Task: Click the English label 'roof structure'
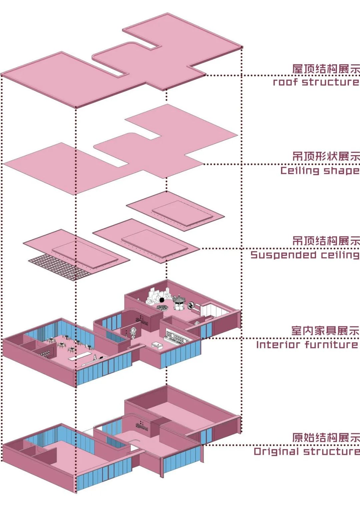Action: click(316, 82)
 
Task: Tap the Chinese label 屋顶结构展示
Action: click(326, 69)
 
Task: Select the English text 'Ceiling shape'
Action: click(319, 171)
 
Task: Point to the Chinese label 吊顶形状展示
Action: click(326, 156)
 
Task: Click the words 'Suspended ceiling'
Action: click(305, 255)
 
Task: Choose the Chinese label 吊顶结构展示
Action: click(326, 241)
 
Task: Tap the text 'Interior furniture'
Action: click(307, 344)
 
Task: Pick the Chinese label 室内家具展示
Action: click(325, 331)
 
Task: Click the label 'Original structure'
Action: click(306, 451)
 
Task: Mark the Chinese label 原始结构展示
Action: click(326, 437)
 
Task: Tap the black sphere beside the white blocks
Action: click(162, 300)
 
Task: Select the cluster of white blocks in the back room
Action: click(154, 295)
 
